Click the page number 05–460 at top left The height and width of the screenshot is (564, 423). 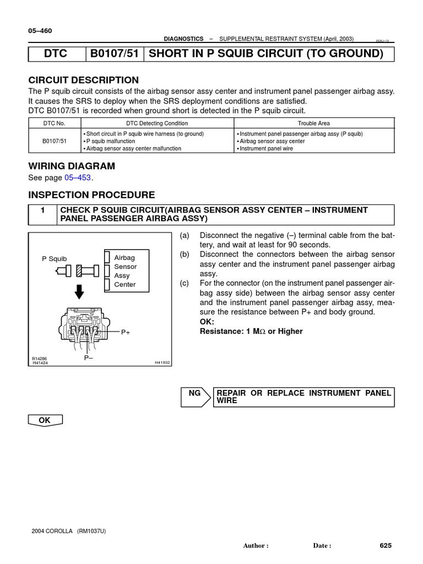point(40,31)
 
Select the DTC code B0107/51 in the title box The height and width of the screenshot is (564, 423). point(114,53)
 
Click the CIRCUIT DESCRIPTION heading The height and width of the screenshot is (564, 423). point(83,80)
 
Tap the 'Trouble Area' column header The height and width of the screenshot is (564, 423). point(314,123)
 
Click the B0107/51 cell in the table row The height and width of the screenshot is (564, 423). point(55,141)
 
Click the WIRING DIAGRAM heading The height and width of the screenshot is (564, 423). point(72,166)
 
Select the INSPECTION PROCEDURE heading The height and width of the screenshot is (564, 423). point(91,195)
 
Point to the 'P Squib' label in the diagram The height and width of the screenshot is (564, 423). point(55,258)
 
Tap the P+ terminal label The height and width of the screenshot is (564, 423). point(125,333)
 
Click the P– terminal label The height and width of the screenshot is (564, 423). point(88,357)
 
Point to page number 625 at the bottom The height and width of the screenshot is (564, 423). point(385,545)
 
